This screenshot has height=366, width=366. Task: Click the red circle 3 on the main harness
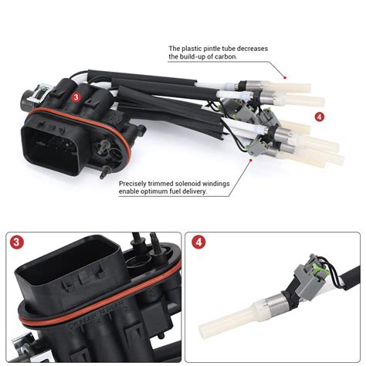coord(76,98)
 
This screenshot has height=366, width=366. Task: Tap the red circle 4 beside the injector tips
coord(320,117)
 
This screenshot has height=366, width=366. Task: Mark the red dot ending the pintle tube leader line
coord(285,77)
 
